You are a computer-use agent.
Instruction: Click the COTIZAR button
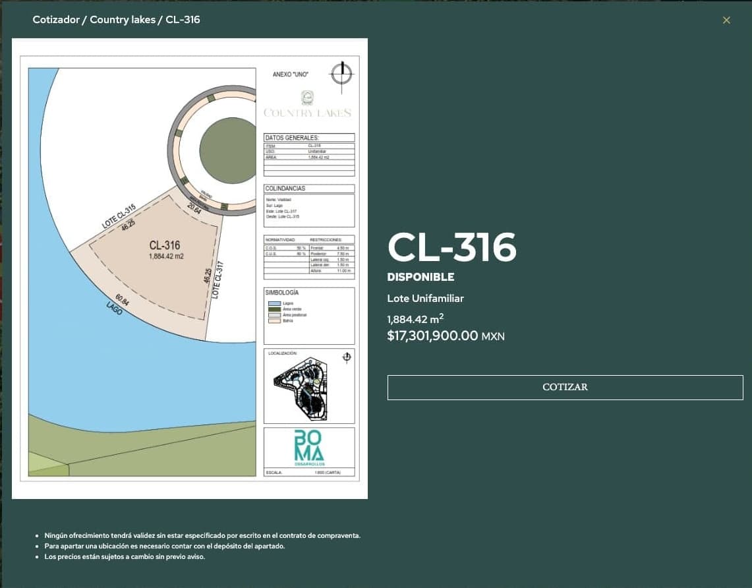pos(565,387)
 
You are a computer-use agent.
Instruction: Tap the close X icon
pos(726,20)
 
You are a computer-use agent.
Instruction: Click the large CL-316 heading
pos(452,247)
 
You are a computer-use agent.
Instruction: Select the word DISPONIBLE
pos(420,277)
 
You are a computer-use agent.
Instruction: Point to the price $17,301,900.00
pos(432,336)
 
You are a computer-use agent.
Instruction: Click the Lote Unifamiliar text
pos(425,299)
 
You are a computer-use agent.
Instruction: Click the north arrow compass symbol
pos(341,73)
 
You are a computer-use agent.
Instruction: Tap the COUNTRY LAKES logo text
pos(307,113)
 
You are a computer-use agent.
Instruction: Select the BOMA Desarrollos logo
pos(308,448)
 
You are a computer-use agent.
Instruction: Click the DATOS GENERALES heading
pos(292,138)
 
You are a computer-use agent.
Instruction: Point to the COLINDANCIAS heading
pos(285,189)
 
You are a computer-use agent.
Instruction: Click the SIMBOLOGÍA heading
pos(282,292)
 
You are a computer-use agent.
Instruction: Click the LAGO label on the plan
pos(113,309)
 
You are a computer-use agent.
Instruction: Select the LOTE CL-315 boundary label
pos(119,216)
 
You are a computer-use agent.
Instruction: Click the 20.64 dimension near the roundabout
pos(194,208)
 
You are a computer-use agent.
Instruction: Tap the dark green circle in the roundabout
pos(227,150)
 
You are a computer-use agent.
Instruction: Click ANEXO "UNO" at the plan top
pos(290,74)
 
